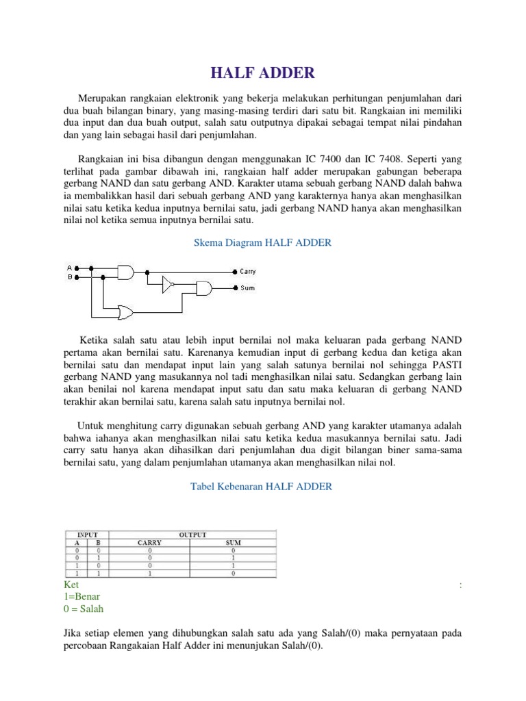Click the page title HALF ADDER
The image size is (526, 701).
pos(262,73)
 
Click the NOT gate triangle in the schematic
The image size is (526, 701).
pos(167,284)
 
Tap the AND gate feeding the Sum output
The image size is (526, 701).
pos(204,288)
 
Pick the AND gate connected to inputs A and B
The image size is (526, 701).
pos(127,272)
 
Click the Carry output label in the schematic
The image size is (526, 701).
pos(247,272)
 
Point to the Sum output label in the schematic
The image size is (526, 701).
pos(247,288)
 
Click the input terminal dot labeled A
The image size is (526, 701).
pos(77,268)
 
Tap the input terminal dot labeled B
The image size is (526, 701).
pos(77,278)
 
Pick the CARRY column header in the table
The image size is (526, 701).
pos(149,543)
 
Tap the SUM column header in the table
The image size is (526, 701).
pos(234,543)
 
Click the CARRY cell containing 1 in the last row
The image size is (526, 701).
pos(149,574)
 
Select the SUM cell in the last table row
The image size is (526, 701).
pos(234,574)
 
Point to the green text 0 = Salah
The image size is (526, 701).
pos(84,609)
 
